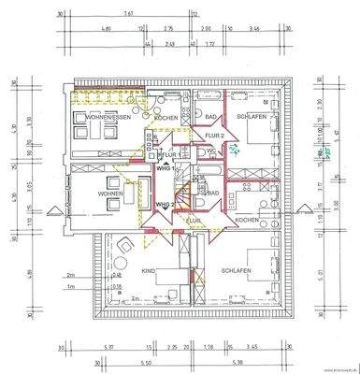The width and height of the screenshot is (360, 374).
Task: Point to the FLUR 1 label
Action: pos(170,154)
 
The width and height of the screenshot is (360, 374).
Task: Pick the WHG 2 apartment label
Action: pos(164,204)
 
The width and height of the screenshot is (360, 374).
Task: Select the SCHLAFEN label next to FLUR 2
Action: pos(254,118)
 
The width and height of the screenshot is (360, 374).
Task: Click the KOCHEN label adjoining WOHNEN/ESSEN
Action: pos(166,118)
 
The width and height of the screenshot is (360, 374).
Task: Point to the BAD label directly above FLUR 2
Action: pos(211,117)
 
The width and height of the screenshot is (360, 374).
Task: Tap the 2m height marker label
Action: pos(69,275)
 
